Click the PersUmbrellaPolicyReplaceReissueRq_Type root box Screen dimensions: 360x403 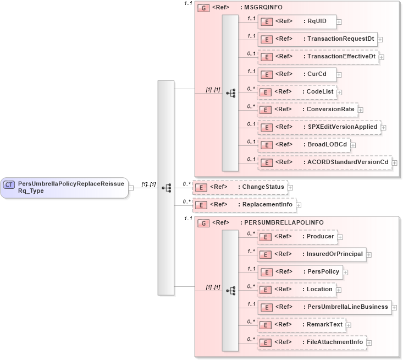(x=65, y=187)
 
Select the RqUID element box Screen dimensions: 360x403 (x=297, y=21)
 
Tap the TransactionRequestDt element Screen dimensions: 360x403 (x=317, y=39)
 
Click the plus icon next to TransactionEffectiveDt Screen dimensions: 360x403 (x=382, y=57)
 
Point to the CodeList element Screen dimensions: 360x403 (x=297, y=92)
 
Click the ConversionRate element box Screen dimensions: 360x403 (x=307, y=110)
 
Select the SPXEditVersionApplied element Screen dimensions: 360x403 (x=318, y=127)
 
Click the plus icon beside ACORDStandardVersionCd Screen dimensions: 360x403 (x=394, y=162)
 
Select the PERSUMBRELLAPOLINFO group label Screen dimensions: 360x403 (x=281, y=223)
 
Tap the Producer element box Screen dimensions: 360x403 (x=297, y=237)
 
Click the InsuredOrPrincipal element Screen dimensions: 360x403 (x=312, y=254)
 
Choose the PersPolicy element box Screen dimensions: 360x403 (x=300, y=271)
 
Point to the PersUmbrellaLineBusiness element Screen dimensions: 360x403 (x=324, y=307)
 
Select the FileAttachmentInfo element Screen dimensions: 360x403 (x=312, y=342)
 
